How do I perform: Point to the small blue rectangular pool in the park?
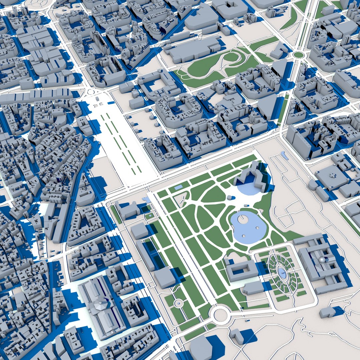(178, 187)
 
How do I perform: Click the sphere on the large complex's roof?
(322, 260)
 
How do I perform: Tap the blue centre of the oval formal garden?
(283, 273)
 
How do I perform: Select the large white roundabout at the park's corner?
(220, 314)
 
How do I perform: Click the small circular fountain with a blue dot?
(179, 304)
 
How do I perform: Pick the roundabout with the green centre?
(299, 55)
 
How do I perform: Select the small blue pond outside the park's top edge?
(285, 155)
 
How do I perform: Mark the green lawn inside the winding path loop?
(231, 57)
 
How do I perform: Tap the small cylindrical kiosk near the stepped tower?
(230, 197)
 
